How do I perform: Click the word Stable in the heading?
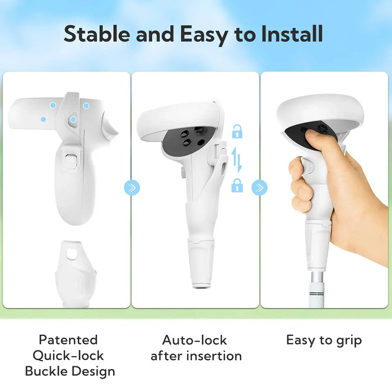pos(97,34)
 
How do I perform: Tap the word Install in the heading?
pos(292,34)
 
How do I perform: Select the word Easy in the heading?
pos(203,35)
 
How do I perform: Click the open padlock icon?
pos(237,131)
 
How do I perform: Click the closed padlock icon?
pos(237,185)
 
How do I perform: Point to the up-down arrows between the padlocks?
pos(237,160)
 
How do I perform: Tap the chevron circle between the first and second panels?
pos(132,188)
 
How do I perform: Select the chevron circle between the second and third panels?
pos(259,188)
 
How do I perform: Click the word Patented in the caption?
pos(68,340)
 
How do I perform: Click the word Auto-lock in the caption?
pos(194,340)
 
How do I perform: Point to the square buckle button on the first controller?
pos(71,160)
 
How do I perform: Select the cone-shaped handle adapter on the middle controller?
pos(201,263)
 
